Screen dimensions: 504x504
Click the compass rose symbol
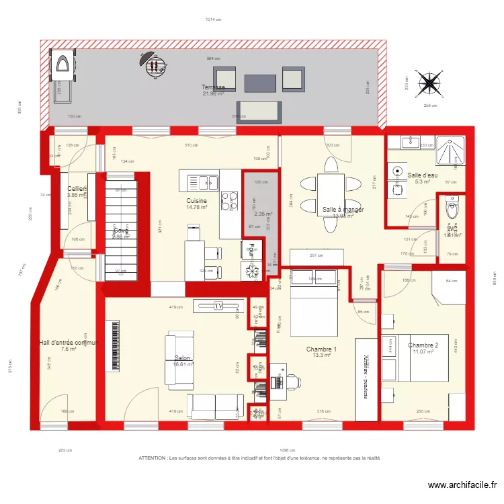(x=428, y=84)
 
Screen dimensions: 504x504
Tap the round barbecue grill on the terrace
(x=155, y=66)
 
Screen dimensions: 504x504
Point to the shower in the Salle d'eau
(x=450, y=151)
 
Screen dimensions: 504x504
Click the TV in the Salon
(x=218, y=306)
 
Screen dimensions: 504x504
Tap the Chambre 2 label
(x=423, y=345)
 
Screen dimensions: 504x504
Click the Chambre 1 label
(x=321, y=349)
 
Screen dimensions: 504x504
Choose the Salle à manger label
(x=343, y=210)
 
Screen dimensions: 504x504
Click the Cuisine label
(x=197, y=201)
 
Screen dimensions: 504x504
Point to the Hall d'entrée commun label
(x=69, y=343)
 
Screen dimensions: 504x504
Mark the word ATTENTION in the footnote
(x=153, y=458)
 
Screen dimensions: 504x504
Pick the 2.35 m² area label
(x=263, y=214)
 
